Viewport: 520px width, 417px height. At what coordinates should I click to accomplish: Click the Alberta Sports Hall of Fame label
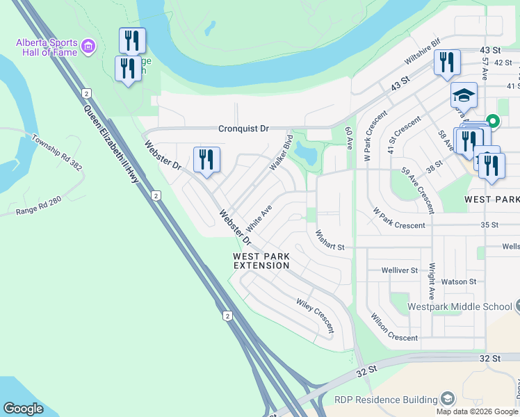[45, 47]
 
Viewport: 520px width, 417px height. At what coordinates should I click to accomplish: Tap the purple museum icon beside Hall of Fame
[88, 47]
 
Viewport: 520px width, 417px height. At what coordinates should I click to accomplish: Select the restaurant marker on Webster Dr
[206, 159]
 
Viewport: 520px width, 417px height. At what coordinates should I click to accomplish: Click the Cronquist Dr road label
[243, 129]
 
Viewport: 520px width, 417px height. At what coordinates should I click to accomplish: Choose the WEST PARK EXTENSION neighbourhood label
[261, 261]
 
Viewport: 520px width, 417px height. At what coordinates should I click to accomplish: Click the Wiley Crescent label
[315, 315]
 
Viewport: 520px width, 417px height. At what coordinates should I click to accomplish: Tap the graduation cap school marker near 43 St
[464, 95]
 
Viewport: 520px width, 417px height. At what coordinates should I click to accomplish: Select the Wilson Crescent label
[394, 329]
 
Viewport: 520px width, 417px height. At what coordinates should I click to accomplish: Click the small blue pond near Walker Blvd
[306, 152]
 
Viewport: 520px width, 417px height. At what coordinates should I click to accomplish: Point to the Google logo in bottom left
[23, 409]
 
